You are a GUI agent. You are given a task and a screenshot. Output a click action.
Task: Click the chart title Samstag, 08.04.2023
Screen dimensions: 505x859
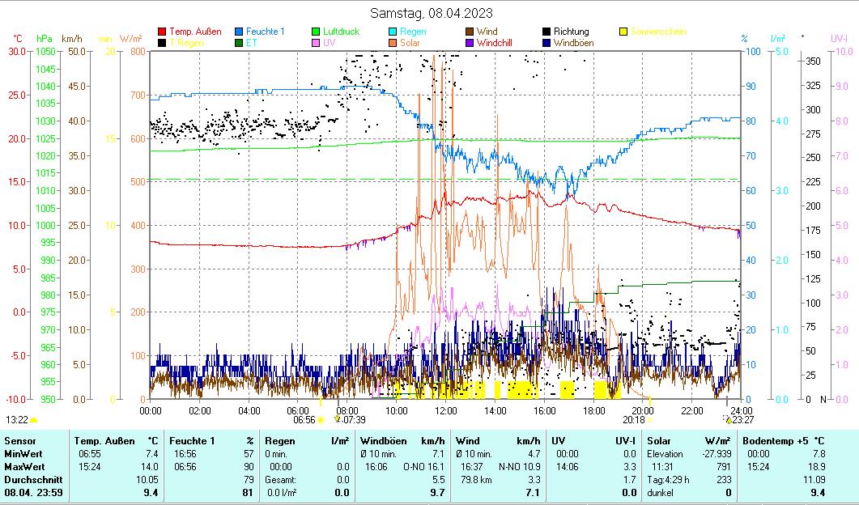(431, 13)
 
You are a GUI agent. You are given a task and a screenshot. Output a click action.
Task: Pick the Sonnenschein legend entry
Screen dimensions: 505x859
(658, 32)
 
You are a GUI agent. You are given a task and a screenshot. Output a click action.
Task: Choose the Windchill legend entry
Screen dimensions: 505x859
(498, 42)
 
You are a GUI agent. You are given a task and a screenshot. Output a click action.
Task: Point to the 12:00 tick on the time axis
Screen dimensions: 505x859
(446, 410)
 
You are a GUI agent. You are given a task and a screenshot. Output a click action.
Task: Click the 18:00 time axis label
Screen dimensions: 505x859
(593, 410)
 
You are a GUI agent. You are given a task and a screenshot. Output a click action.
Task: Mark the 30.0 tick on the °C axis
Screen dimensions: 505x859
(16, 51)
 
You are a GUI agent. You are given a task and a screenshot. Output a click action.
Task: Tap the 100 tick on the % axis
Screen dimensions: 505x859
(751, 51)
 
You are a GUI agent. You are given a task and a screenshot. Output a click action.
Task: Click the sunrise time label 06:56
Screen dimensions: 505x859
(304, 420)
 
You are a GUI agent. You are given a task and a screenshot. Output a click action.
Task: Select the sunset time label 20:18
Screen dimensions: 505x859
(634, 420)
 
